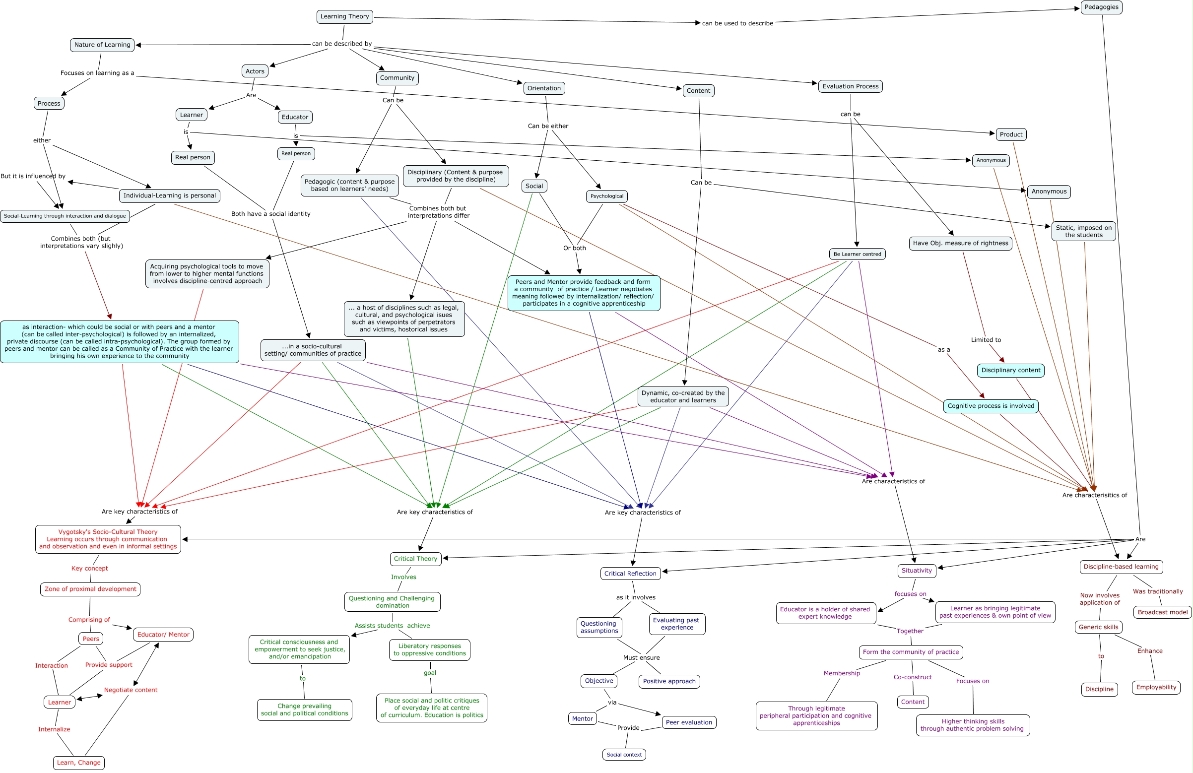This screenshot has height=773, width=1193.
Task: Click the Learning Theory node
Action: (344, 16)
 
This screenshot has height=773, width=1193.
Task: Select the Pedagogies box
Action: (1101, 7)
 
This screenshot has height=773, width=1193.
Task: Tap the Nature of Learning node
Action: (102, 45)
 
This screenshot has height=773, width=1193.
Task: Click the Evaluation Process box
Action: (850, 86)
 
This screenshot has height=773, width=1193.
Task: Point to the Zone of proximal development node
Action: (90, 589)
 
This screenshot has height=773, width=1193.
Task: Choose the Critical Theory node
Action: (415, 559)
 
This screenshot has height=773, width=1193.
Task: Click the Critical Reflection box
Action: (630, 574)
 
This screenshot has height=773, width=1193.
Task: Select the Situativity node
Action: (916, 571)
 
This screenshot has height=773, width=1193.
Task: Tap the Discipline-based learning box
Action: (1121, 567)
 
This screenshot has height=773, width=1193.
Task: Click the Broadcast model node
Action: (1162, 612)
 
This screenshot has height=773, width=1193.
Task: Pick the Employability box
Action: (1156, 687)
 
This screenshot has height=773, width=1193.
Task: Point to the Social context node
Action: (624, 755)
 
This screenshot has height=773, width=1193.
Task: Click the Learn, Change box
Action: (79, 763)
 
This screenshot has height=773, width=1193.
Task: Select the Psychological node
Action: (606, 196)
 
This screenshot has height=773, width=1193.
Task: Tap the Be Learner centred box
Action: (857, 254)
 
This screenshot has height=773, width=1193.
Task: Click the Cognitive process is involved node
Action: (991, 406)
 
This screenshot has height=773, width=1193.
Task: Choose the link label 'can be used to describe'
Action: (737, 23)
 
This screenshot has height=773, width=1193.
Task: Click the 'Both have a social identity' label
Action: (270, 213)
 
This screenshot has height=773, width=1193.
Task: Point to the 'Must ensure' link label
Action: (641, 658)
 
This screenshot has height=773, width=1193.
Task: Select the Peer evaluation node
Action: (689, 722)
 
